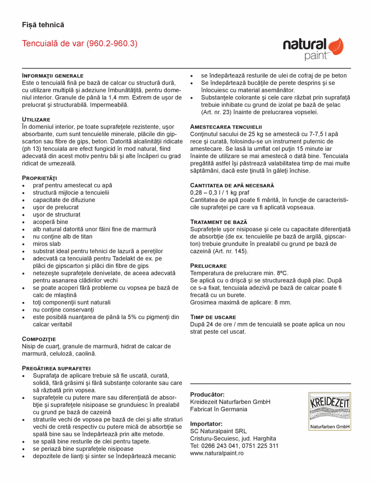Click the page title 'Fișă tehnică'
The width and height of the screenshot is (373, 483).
pyautogui.click(x=43, y=25)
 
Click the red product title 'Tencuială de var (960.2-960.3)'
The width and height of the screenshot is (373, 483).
pyautogui.click(x=80, y=43)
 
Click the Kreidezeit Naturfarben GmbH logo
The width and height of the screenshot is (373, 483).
pyautogui.click(x=330, y=411)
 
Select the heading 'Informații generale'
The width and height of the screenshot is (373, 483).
pyautogui.click(x=53, y=75)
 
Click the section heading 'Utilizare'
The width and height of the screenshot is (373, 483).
pyautogui.click(x=36, y=119)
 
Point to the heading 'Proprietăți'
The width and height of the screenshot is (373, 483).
pyautogui.click(x=39, y=178)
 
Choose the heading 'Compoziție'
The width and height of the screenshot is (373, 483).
pyautogui.click(x=39, y=339)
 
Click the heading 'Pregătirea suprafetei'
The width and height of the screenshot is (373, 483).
pyautogui.click(x=56, y=368)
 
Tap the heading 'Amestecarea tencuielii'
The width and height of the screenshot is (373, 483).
pyautogui.click(x=226, y=127)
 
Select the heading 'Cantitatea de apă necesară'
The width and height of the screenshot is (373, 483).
pyautogui.click(x=232, y=185)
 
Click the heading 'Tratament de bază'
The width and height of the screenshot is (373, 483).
pyautogui.click(x=219, y=222)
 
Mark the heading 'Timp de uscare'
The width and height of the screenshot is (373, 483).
pyautogui.click(x=213, y=317)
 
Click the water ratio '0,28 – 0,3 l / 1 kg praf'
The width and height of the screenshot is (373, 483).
pyautogui.click(x=220, y=192)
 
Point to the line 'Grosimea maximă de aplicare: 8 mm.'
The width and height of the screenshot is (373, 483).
pyautogui.click(x=240, y=302)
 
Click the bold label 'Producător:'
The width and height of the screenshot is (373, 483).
pyautogui.click(x=207, y=395)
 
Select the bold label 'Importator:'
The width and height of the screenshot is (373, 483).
pyautogui.click(x=206, y=424)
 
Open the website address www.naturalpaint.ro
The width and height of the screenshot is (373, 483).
pyautogui.click(x=217, y=453)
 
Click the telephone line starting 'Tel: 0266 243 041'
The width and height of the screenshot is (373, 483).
pyautogui.click(x=234, y=446)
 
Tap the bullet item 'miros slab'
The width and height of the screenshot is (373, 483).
pyautogui.click(x=47, y=244)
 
